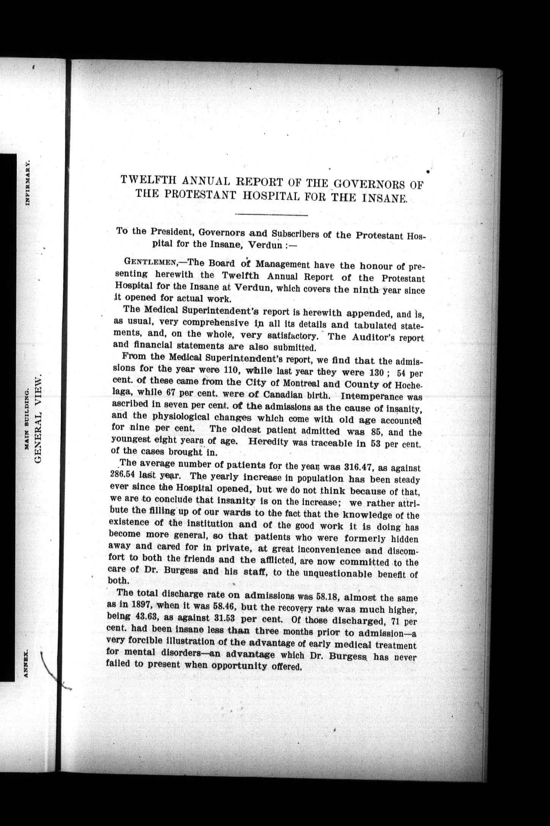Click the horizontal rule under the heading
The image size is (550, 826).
[271, 215]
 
